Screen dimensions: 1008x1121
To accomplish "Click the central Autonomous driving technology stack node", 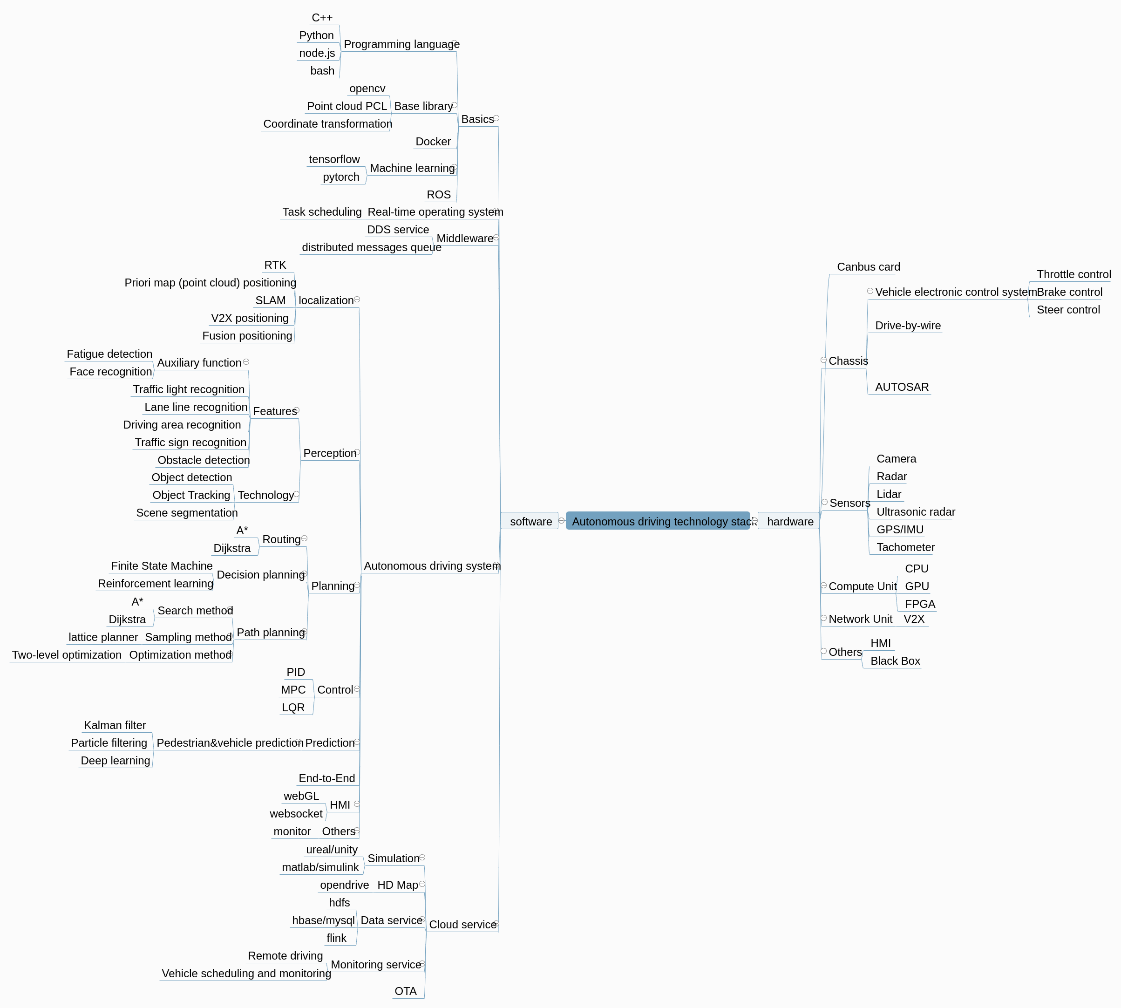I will click(x=658, y=521).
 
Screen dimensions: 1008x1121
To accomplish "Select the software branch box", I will click(x=530, y=521).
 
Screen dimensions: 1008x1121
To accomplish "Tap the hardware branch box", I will click(x=789, y=521).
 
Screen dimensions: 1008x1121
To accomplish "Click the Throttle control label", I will click(x=1073, y=274).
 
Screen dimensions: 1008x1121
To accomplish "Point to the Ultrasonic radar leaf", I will click(x=915, y=512).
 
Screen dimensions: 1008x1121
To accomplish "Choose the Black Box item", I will click(x=895, y=661).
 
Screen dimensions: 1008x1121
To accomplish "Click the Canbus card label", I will click(x=868, y=267).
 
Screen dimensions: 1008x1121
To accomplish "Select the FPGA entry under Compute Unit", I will click(x=919, y=604).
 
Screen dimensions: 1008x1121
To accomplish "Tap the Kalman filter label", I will click(x=115, y=725).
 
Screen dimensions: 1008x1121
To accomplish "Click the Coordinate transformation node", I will click(x=327, y=123).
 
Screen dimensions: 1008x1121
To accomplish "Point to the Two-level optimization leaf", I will click(x=67, y=654).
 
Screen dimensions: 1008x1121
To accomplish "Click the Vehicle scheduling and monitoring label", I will click(x=246, y=973).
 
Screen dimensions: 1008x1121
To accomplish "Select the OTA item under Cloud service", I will click(x=406, y=991).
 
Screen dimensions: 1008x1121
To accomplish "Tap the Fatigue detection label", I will click(x=109, y=354).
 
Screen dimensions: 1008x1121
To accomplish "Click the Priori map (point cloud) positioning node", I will click(x=210, y=282).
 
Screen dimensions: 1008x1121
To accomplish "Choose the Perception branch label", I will click(x=330, y=453).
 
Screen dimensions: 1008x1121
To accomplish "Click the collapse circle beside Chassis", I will click(x=823, y=360).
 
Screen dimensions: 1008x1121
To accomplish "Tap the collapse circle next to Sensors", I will click(x=825, y=502).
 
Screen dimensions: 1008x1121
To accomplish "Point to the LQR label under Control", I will click(x=293, y=707).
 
